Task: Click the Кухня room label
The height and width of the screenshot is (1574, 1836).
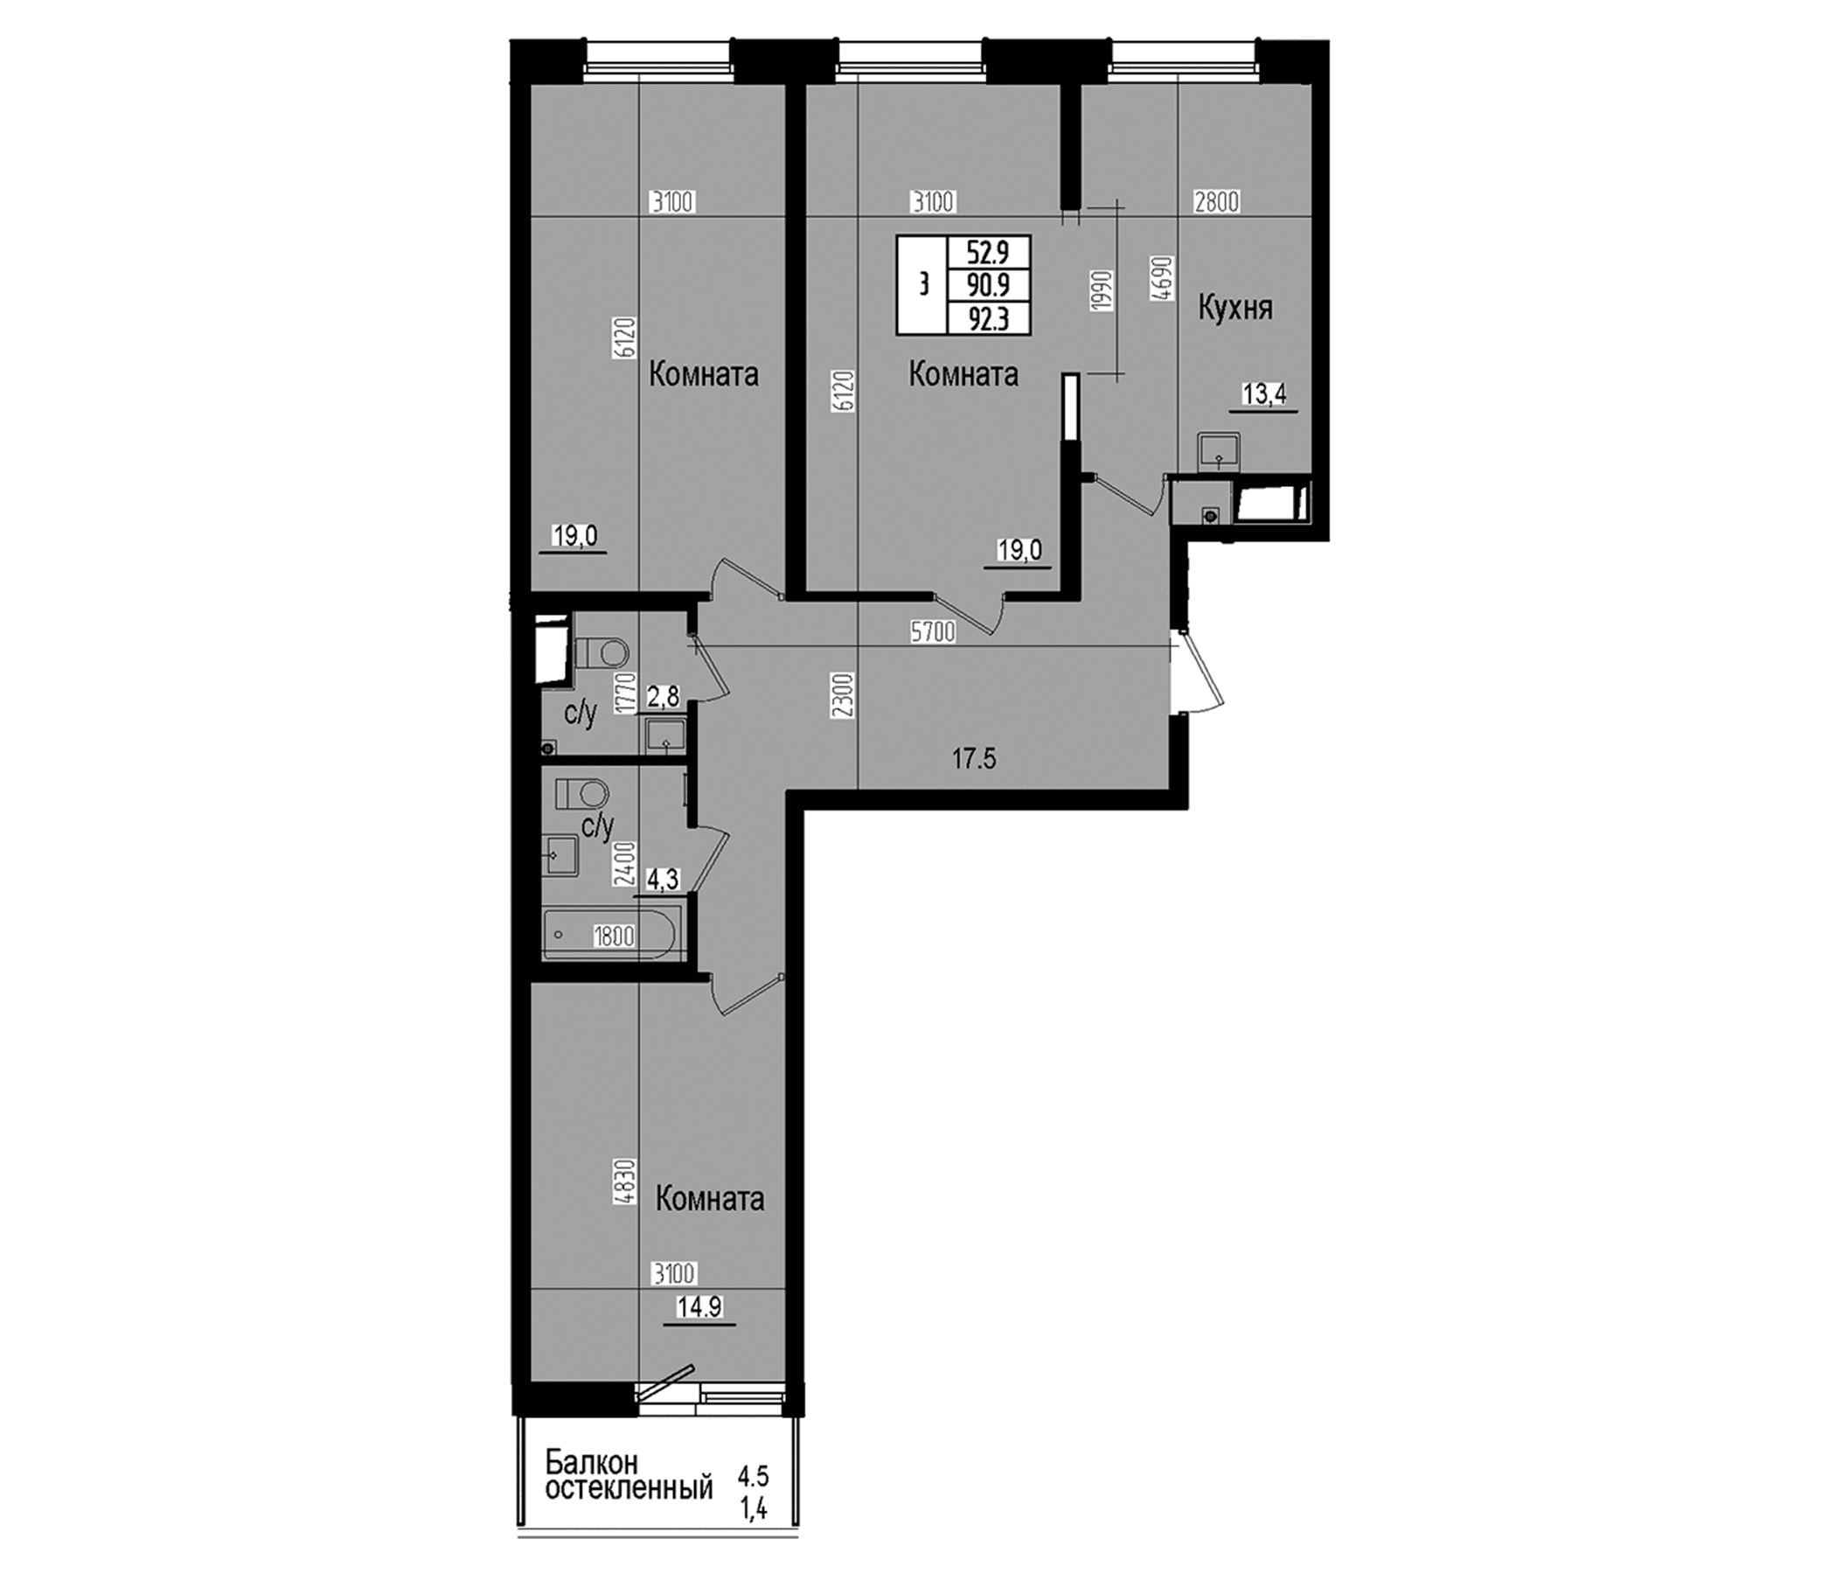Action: tap(1235, 310)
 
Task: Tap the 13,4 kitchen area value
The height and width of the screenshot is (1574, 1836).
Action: tap(1263, 394)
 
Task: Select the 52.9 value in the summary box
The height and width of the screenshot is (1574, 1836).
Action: tap(988, 254)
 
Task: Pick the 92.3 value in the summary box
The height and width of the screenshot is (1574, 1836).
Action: tap(988, 318)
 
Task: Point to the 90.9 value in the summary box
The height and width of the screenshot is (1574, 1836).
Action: tap(988, 285)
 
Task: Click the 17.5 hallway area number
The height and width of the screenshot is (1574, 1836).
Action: tap(975, 759)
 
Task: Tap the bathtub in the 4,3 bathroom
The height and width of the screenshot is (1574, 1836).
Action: tap(612, 933)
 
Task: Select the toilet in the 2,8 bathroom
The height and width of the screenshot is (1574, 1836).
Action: tap(601, 654)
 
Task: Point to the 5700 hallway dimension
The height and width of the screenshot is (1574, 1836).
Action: tap(933, 632)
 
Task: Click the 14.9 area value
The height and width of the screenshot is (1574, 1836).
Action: tap(699, 1332)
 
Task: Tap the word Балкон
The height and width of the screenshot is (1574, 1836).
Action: tap(591, 1461)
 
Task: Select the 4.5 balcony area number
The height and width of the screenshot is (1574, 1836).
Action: tap(753, 1476)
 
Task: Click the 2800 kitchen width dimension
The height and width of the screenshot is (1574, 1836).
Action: tap(1217, 202)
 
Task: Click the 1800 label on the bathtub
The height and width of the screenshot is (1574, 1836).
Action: tap(614, 936)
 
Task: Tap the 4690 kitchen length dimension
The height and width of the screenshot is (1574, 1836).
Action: tap(1165, 279)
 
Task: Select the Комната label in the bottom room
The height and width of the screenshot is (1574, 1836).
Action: tap(710, 1200)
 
